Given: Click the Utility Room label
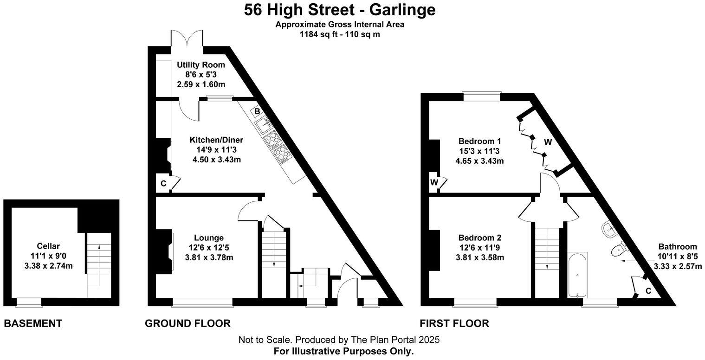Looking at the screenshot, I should click(201, 65).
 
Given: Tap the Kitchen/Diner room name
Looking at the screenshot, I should click(216, 140).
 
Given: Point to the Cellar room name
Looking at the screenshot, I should click(49, 246).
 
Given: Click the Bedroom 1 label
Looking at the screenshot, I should click(480, 141).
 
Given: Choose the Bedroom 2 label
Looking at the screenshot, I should click(480, 238).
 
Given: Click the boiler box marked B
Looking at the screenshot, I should click(257, 111).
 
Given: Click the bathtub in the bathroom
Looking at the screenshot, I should click(578, 274).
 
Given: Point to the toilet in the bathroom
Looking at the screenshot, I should click(619, 250).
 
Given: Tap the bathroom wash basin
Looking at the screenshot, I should click(609, 228).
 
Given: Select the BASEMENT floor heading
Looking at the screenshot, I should click(33, 323).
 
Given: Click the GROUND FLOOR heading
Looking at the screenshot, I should click(188, 323).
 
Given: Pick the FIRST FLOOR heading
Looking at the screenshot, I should click(454, 323).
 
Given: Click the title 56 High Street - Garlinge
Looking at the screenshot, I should click(340, 10).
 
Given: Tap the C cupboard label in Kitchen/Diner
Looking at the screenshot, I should click(163, 184).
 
